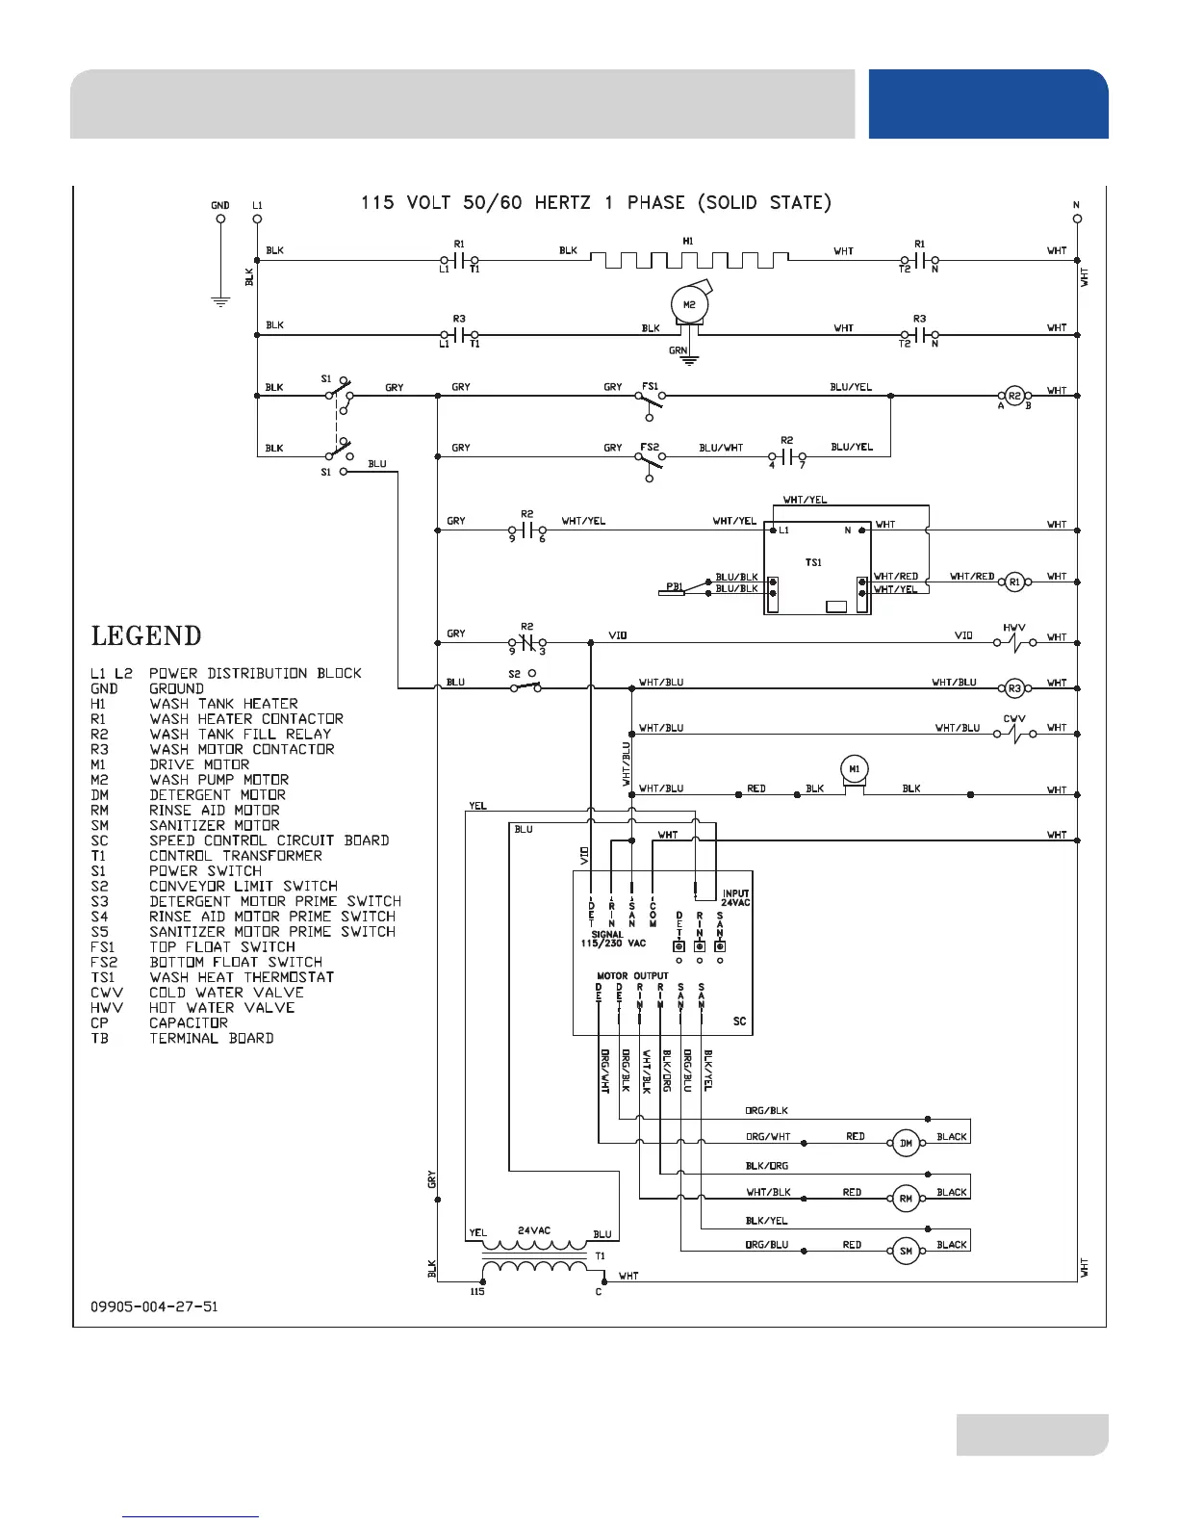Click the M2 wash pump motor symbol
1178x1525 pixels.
[689, 306]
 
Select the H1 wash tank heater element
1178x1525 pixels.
[688, 260]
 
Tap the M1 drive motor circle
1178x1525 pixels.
[854, 768]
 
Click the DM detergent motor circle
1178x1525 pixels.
[906, 1144]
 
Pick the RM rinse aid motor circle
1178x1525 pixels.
[906, 1199]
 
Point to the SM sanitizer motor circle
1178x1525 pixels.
[906, 1252]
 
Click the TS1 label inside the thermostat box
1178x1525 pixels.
[813, 562]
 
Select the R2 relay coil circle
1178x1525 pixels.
[1012, 394]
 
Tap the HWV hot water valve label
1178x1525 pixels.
[1014, 627]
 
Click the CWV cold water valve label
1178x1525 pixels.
[1014, 718]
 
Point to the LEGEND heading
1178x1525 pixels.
[146, 636]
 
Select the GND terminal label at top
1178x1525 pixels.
[220, 205]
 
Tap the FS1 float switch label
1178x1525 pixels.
[651, 386]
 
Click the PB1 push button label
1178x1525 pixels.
[674, 586]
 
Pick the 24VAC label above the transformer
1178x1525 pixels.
[534, 1230]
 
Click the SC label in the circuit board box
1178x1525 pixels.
[739, 1021]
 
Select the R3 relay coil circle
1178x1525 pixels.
[1012, 687]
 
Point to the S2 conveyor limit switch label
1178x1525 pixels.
[515, 674]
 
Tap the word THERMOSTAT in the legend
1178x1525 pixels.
[289, 977]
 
